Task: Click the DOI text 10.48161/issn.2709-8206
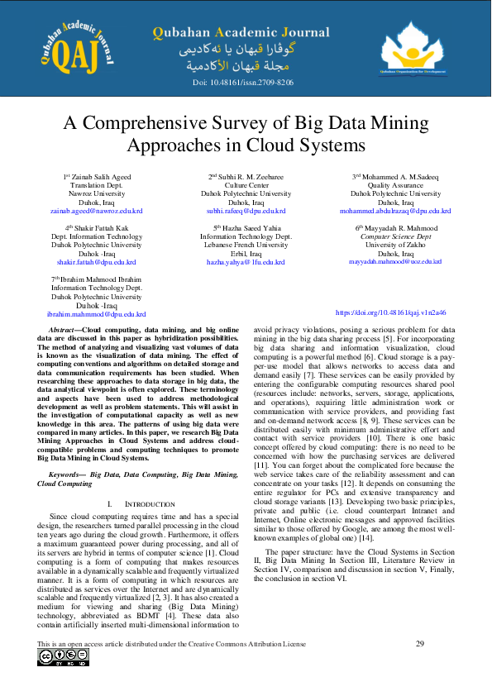242,83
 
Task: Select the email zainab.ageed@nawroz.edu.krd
96,211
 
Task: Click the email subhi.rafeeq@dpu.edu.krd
245,211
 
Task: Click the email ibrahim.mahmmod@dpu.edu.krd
96,314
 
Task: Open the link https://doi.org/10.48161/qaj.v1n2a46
402,313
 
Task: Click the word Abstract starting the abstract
64,330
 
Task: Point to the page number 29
419,643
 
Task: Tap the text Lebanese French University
246,245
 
